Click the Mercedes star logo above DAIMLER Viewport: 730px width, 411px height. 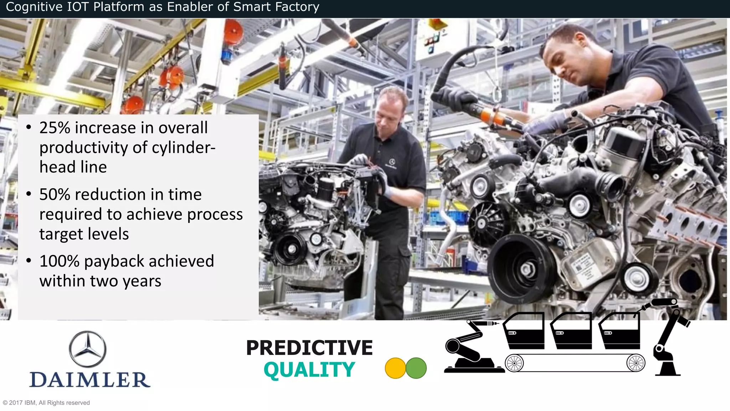(87, 349)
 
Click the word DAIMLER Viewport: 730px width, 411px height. (90, 380)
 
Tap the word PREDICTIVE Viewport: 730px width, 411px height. (309, 348)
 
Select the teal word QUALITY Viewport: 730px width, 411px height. (309, 370)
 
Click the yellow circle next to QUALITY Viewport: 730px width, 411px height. (395, 368)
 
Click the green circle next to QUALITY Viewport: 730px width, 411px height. (416, 368)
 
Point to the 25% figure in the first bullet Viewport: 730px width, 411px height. (55, 128)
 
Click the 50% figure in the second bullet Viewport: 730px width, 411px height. (55, 194)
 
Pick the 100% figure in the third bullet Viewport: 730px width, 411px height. (59, 261)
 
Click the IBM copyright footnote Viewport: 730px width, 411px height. (46, 403)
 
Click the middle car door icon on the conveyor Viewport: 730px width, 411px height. (571, 331)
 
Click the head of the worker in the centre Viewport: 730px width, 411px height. (391, 107)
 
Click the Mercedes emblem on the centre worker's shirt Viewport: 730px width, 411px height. (392, 162)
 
